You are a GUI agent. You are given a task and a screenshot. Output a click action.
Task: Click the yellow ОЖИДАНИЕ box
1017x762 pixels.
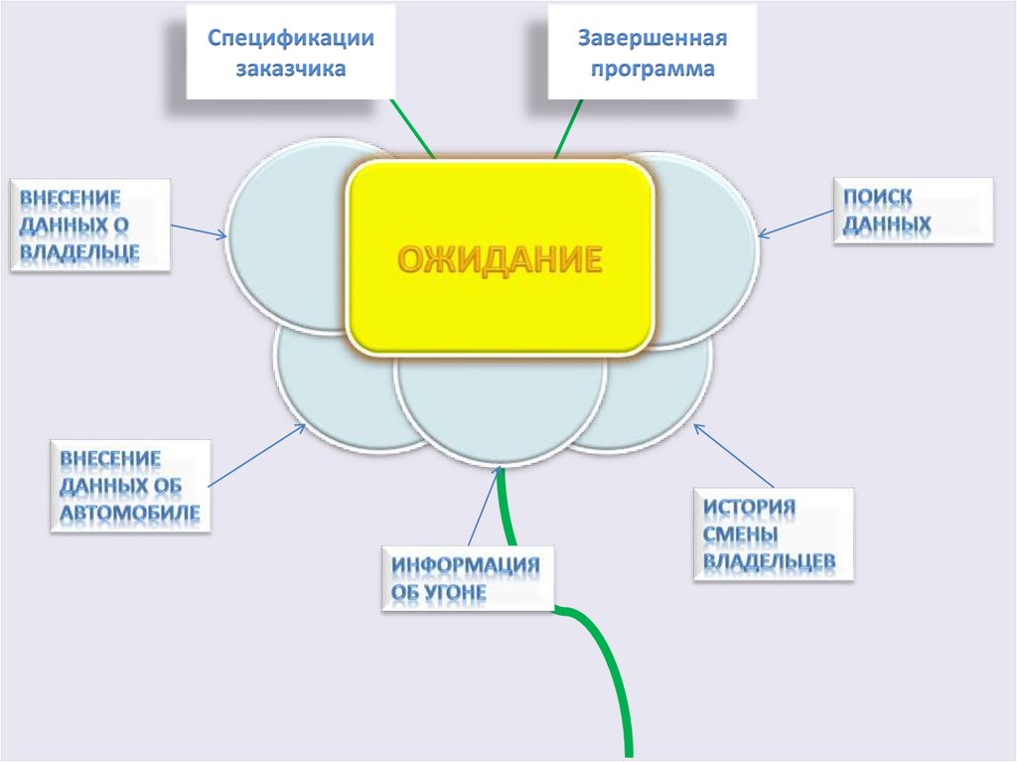coord(500,256)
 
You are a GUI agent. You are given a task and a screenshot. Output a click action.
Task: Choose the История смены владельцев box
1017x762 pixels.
coord(773,533)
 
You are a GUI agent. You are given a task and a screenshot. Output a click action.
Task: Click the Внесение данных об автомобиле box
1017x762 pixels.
coord(130,486)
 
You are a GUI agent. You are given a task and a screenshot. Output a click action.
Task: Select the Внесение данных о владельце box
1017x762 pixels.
coord(89,225)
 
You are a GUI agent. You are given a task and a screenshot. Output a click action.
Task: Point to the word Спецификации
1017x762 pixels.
coord(290,38)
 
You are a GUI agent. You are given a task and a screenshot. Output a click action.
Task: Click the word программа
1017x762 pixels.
coord(653,70)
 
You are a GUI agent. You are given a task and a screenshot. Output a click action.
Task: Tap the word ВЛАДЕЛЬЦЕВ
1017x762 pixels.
coord(770,562)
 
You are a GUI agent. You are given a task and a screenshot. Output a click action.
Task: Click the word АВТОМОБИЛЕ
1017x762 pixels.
coord(130,514)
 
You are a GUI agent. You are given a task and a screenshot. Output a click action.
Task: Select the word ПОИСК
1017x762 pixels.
coord(878,197)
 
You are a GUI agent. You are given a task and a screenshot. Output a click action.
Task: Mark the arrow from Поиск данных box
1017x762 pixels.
coord(795,224)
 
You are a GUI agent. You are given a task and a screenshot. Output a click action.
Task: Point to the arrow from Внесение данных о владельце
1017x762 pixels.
coord(199,230)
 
